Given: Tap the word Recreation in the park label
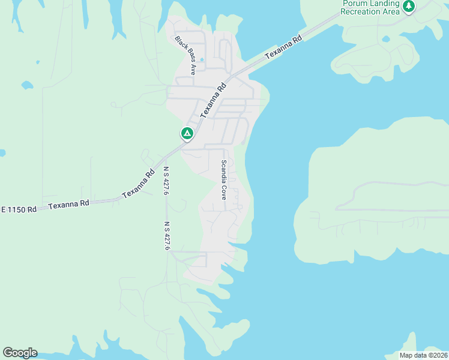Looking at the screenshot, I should point(361,11).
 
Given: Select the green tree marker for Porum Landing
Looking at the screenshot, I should point(409,7).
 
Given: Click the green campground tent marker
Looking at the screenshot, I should point(187,133).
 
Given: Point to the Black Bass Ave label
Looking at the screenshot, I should point(185,55).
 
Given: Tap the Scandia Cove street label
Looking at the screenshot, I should point(223,179).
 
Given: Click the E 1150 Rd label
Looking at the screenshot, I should point(19,209).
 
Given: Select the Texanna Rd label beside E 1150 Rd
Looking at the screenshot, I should point(68,204).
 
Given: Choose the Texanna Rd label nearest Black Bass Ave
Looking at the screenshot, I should point(213,100).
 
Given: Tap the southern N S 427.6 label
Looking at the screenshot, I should point(167,236).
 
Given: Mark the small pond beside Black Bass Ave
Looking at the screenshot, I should point(201,60).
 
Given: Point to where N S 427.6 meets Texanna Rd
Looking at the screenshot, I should point(163,157).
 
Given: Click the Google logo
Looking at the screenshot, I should point(20,353).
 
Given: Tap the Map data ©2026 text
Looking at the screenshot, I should point(423,355).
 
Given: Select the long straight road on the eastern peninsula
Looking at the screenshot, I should point(390,210).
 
